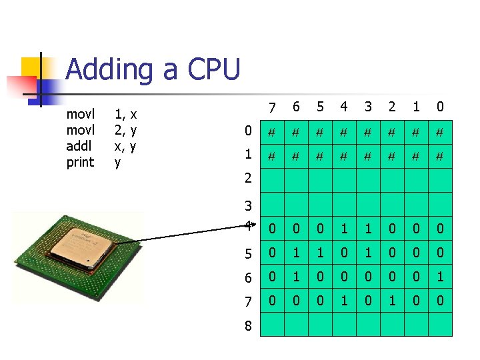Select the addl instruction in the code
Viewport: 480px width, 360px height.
pyautogui.click(x=80, y=145)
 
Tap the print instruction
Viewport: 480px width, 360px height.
pyautogui.click(x=81, y=162)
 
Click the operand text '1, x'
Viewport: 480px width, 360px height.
pyautogui.click(x=126, y=114)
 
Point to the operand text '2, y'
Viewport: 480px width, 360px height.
pyautogui.click(x=126, y=130)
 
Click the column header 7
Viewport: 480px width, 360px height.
pyautogui.click(x=271, y=107)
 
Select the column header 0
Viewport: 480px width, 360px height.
pyautogui.click(x=439, y=107)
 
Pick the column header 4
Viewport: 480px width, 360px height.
pyautogui.click(x=343, y=107)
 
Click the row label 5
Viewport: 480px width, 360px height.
pyautogui.click(x=248, y=254)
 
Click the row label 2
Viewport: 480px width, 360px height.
pyautogui.click(x=248, y=178)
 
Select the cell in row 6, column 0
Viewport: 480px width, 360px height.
pyautogui.click(x=439, y=277)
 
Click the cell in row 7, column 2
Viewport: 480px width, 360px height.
pyautogui.click(x=391, y=301)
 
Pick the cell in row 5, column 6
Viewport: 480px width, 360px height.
pyautogui.click(x=295, y=253)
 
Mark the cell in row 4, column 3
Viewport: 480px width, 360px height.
pyautogui.click(x=367, y=229)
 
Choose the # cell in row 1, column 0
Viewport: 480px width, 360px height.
pyautogui.click(x=439, y=157)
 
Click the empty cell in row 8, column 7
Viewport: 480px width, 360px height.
pyautogui.click(x=271, y=325)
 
